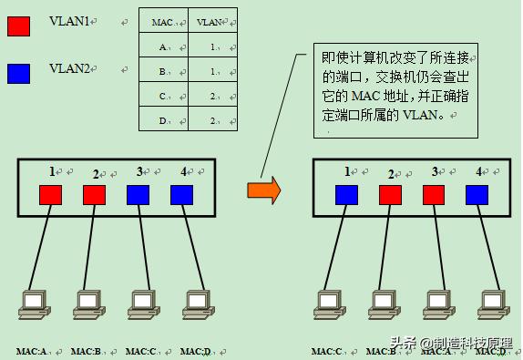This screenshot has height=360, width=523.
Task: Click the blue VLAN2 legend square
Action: pos(18,73)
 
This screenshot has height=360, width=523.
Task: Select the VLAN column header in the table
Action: pos(209,22)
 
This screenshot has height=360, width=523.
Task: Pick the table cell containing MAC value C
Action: pos(163,95)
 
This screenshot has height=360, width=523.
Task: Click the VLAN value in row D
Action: pos(210,119)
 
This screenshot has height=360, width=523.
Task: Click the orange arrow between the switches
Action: pos(264,190)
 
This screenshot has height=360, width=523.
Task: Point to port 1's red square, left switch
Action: pos(50,194)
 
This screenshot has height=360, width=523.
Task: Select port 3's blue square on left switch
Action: pos(138,194)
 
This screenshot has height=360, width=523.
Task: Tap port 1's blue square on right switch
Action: pos(346,194)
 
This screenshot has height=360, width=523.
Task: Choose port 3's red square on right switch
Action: pos(434,194)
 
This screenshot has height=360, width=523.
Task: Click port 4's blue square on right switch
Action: pos(477,194)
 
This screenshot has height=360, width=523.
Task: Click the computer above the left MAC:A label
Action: pos(34,304)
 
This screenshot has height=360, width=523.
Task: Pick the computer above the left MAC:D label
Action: pos(195,304)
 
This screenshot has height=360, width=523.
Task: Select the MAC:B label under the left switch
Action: pos(87,351)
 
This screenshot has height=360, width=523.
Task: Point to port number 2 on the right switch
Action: pos(391,173)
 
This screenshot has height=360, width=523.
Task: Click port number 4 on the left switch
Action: pos(183,170)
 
